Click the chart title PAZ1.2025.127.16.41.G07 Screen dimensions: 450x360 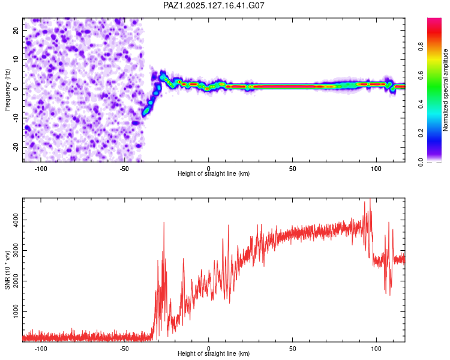(x=214, y=5)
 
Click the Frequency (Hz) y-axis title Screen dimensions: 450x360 (x=7, y=90)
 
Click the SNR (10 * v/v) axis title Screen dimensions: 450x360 (x=7, y=270)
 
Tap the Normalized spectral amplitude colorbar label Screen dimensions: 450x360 (x=445, y=90)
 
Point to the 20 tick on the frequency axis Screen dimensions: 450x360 (x=16, y=31)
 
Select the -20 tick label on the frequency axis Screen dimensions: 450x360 (x=16, y=147)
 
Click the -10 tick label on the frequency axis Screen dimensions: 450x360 (x=16, y=118)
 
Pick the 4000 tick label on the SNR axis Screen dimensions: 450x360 (x=16, y=220)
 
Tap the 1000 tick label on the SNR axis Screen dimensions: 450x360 (x=16, y=311)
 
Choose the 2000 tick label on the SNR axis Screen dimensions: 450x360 (x=16, y=281)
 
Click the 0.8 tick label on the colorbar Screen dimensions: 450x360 (x=421, y=47)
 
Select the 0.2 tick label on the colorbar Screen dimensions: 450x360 (x=421, y=133)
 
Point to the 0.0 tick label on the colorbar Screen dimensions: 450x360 (x=421, y=162)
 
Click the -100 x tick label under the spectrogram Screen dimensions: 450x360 (x=41, y=169)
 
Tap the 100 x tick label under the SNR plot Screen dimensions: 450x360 (x=376, y=349)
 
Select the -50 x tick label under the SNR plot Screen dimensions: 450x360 (x=124, y=349)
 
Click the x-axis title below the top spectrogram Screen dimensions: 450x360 (x=214, y=173)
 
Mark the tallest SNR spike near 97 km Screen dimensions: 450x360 (x=370, y=199)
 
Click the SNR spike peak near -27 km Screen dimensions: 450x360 (x=164, y=223)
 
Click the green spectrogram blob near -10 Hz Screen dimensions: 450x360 (x=146, y=110)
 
